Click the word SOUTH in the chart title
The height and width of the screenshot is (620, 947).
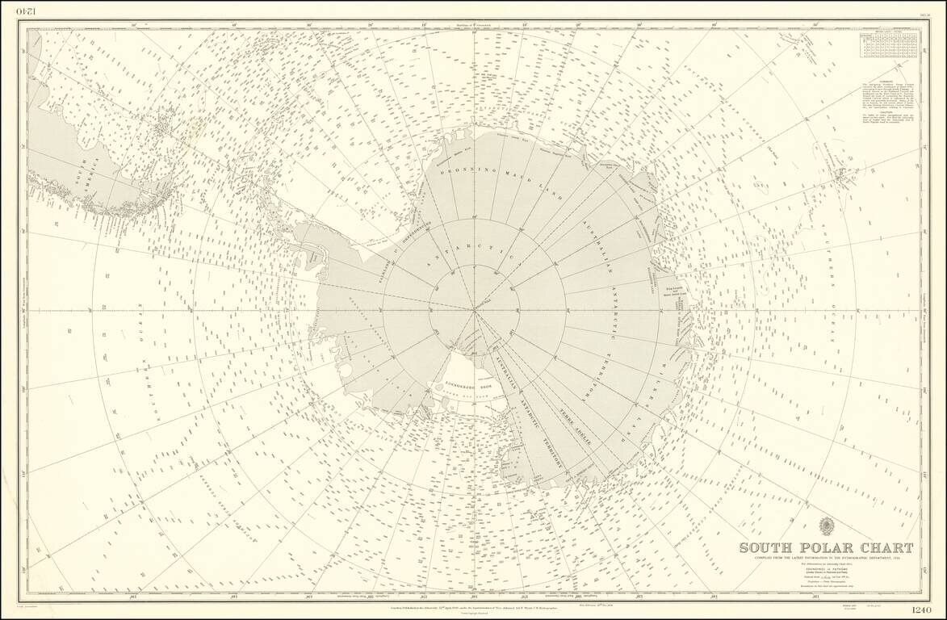769,548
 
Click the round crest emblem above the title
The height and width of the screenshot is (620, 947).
827,527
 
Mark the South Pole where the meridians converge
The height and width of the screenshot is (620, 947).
474,308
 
